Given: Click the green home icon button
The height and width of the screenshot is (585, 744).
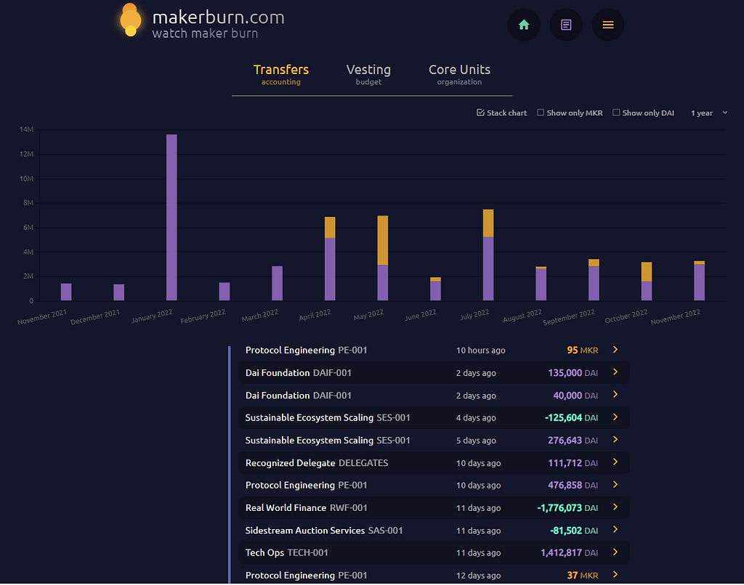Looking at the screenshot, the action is pyautogui.click(x=524, y=25).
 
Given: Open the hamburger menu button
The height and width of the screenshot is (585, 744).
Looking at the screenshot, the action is pyautogui.click(x=608, y=25).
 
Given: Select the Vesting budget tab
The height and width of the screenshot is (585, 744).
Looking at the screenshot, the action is pyautogui.click(x=368, y=75).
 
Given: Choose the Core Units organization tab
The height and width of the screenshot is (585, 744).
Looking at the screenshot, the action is pyautogui.click(x=459, y=75).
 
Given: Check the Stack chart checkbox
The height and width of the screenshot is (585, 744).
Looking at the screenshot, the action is pyautogui.click(x=481, y=112).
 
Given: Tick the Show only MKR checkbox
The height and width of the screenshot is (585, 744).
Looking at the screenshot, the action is pyautogui.click(x=541, y=112).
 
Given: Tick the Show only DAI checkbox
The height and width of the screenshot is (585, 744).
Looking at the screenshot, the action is pyautogui.click(x=616, y=112).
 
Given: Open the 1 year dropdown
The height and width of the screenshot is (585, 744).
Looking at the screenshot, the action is pyautogui.click(x=709, y=112).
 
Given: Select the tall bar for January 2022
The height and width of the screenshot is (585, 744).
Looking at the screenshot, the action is pyautogui.click(x=171, y=218).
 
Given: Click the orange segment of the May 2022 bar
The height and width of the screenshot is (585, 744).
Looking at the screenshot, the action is pyautogui.click(x=382, y=240).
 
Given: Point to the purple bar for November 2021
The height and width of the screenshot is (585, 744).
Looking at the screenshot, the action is pyautogui.click(x=66, y=292).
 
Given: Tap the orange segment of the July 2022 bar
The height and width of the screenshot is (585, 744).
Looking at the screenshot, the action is pyautogui.click(x=488, y=224).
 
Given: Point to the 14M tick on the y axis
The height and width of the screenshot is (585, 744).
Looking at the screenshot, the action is pyautogui.click(x=27, y=129).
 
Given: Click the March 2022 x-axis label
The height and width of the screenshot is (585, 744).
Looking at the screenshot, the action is pyautogui.click(x=260, y=315).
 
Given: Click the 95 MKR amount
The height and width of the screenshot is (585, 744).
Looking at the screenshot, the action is pyautogui.click(x=582, y=351).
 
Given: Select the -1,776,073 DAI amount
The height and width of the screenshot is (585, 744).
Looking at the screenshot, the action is pyautogui.click(x=567, y=508).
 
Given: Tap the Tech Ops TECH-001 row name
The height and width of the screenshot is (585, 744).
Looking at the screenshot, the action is pyautogui.click(x=286, y=553).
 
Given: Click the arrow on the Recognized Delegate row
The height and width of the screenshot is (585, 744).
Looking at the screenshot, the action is pyautogui.click(x=615, y=462).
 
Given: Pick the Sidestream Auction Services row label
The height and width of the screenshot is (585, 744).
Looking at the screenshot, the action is pyautogui.click(x=324, y=531).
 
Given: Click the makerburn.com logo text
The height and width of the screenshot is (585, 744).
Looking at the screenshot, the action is pyautogui.click(x=218, y=17).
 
